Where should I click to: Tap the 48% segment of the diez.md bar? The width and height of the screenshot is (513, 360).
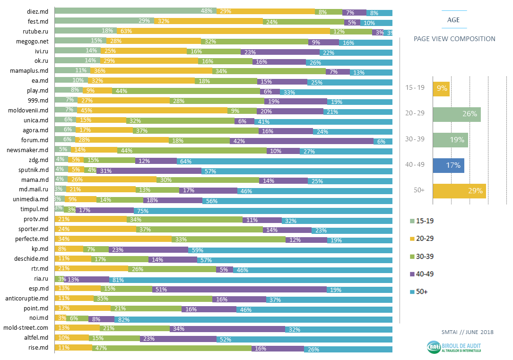136,11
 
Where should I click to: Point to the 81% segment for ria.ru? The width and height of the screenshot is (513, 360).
251,279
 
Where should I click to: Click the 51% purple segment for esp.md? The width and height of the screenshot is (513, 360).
239,289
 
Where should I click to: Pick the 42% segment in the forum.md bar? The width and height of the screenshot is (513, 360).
301,140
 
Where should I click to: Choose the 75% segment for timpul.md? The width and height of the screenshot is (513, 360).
263,209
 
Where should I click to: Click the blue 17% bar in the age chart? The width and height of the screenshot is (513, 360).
448,165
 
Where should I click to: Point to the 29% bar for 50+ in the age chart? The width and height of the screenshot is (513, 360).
459,191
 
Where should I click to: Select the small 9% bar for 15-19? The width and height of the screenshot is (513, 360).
441,88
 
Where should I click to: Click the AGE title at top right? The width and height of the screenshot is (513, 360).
453,20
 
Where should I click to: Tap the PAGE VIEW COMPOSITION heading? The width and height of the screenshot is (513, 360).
454,39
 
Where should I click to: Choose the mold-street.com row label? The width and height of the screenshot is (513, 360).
26,328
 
